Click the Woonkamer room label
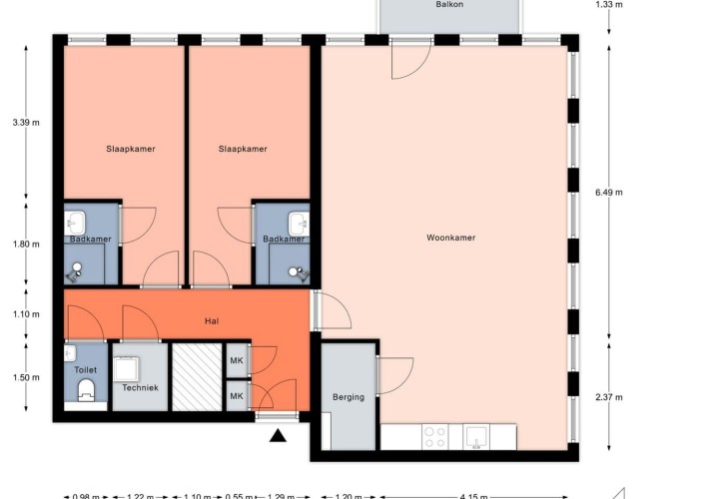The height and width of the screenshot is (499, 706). (x=450, y=238)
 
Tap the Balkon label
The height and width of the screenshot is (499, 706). (x=449, y=4)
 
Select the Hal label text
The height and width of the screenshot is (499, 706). (x=212, y=320)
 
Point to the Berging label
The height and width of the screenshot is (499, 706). (x=349, y=397)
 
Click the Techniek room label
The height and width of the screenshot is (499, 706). (x=141, y=387)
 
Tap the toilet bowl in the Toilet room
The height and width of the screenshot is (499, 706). (x=86, y=390)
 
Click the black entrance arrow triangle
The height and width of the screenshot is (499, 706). (x=278, y=435)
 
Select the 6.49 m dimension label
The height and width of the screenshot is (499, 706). (x=609, y=193)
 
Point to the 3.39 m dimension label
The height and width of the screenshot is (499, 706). (x=26, y=123)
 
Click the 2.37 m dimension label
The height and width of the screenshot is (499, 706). (x=609, y=397)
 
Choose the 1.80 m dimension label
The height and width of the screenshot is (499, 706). (x=26, y=245)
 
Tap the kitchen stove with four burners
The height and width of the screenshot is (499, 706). (x=435, y=437)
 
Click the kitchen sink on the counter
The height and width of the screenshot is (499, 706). (x=476, y=437)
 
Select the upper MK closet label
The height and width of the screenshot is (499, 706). (x=237, y=360)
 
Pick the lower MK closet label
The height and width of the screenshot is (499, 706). (x=237, y=396)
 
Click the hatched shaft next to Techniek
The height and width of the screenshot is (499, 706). (x=197, y=377)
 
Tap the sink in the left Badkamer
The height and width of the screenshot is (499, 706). (x=75, y=224)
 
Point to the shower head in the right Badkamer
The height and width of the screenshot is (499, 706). (x=298, y=272)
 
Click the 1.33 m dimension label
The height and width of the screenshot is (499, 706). (x=609, y=5)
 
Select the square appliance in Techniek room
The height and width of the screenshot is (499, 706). (x=126, y=369)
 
